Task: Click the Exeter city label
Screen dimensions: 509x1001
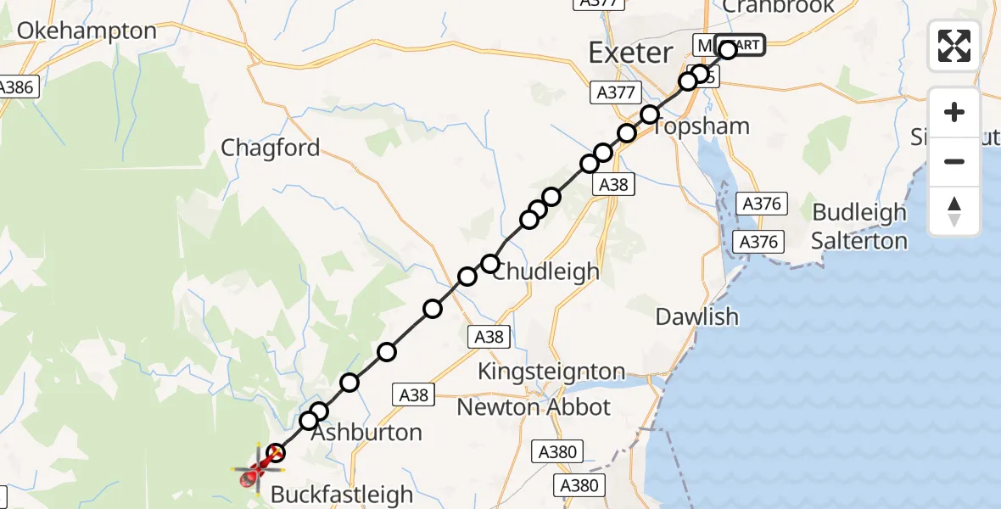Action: pyautogui.click(x=630, y=53)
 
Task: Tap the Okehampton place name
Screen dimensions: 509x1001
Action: pyautogui.click(x=87, y=31)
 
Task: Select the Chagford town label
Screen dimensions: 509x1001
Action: pyautogui.click(x=270, y=148)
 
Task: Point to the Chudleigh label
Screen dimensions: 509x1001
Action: pyautogui.click(x=545, y=272)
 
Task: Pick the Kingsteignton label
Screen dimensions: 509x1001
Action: pyautogui.click(x=551, y=372)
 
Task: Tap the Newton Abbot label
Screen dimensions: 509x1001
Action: pyautogui.click(x=533, y=407)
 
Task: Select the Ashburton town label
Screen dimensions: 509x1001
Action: pyautogui.click(x=366, y=433)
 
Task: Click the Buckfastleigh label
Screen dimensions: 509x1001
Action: pyautogui.click(x=341, y=494)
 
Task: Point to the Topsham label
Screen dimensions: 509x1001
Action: pyautogui.click(x=701, y=126)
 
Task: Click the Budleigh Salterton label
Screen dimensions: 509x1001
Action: pyautogui.click(x=859, y=227)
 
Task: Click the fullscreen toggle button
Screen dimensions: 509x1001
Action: pyautogui.click(x=954, y=46)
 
